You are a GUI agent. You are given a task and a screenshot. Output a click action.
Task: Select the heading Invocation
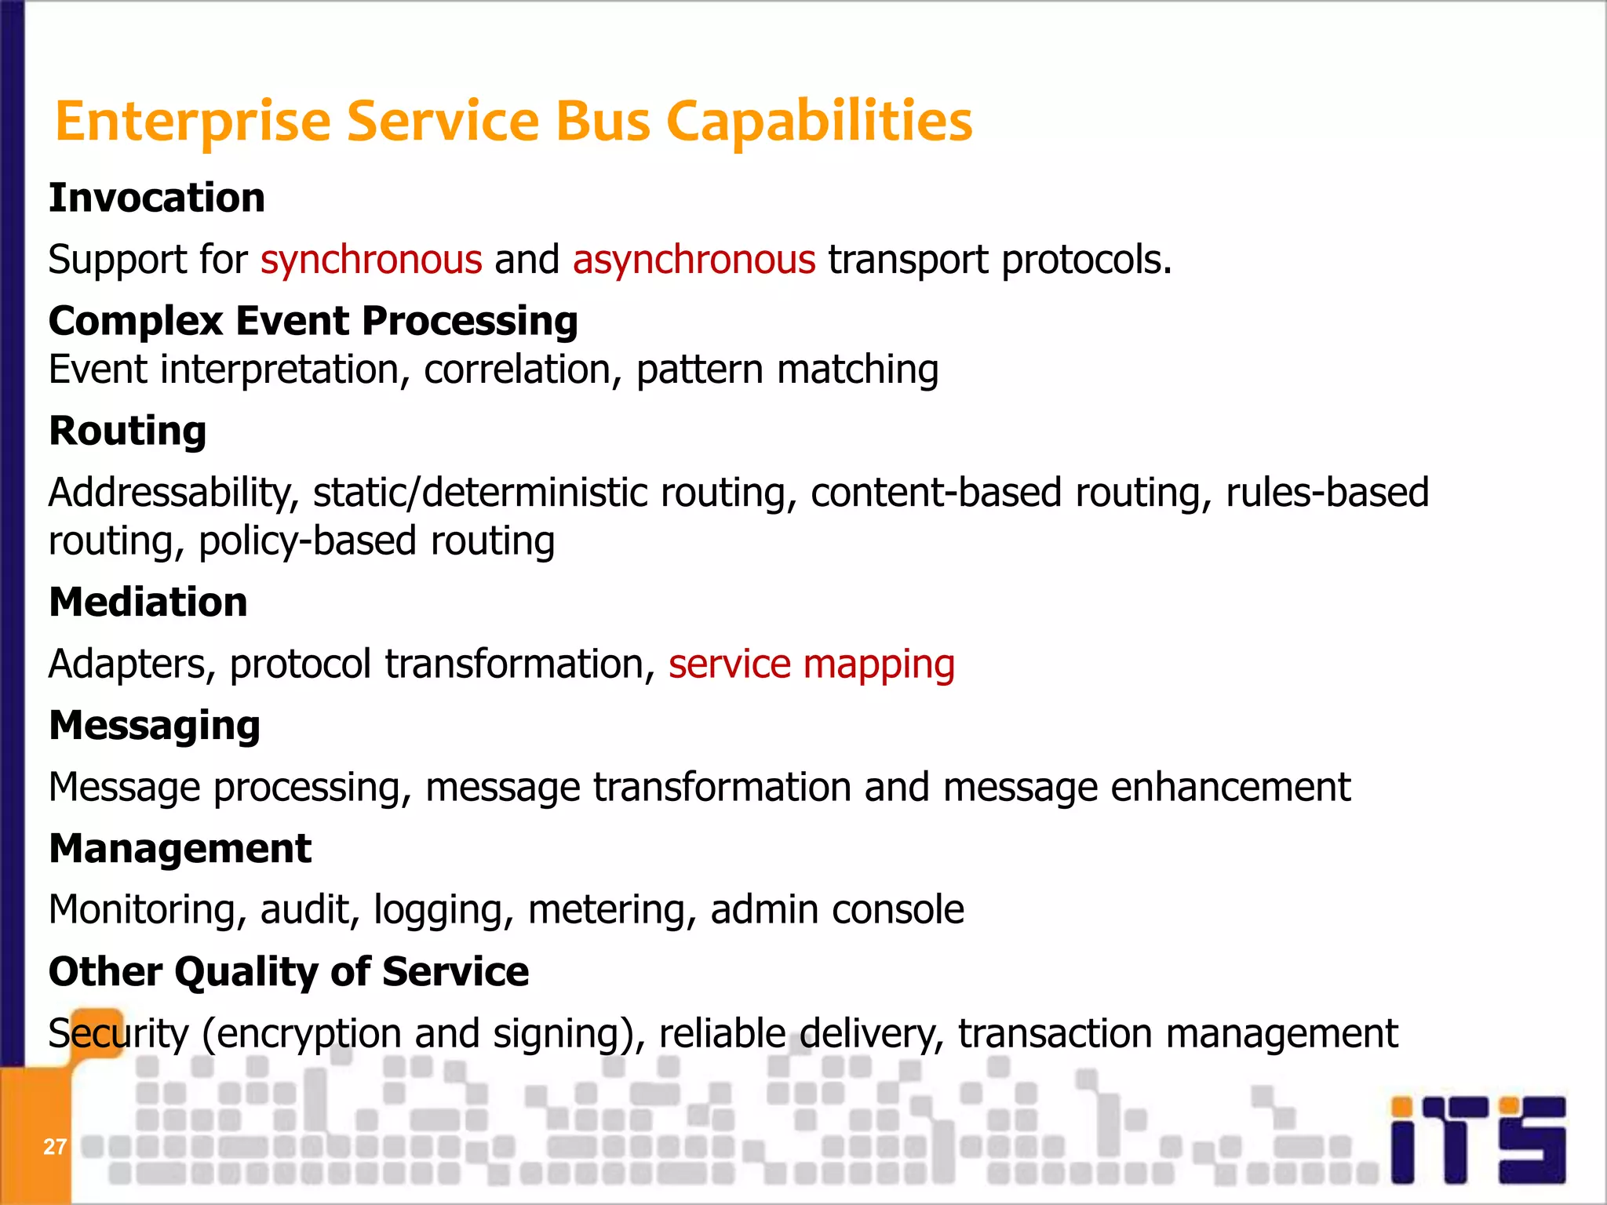tap(157, 198)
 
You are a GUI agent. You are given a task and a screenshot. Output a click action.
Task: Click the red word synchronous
tap(371, 260)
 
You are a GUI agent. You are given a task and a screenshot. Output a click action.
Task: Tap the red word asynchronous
tap(694, 260)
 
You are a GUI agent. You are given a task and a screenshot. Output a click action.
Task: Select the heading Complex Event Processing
tap(313, 321)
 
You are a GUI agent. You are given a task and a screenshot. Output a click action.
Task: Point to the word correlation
tap(516, 370)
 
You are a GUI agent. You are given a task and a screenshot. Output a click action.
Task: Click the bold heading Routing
tap(127, 431)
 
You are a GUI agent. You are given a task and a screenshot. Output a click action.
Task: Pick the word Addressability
tap(173, 493)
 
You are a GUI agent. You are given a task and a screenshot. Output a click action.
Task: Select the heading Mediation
tap(148, 602)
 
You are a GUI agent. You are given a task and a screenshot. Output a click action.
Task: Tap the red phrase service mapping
tap(811, 664)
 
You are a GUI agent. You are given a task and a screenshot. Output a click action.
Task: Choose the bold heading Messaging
tap(154, 726)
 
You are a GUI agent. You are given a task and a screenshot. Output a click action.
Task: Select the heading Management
tap(180, 849)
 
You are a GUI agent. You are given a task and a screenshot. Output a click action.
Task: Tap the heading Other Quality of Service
tap(288, 972)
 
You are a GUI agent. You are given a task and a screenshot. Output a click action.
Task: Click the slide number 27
tap(54, 1147)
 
